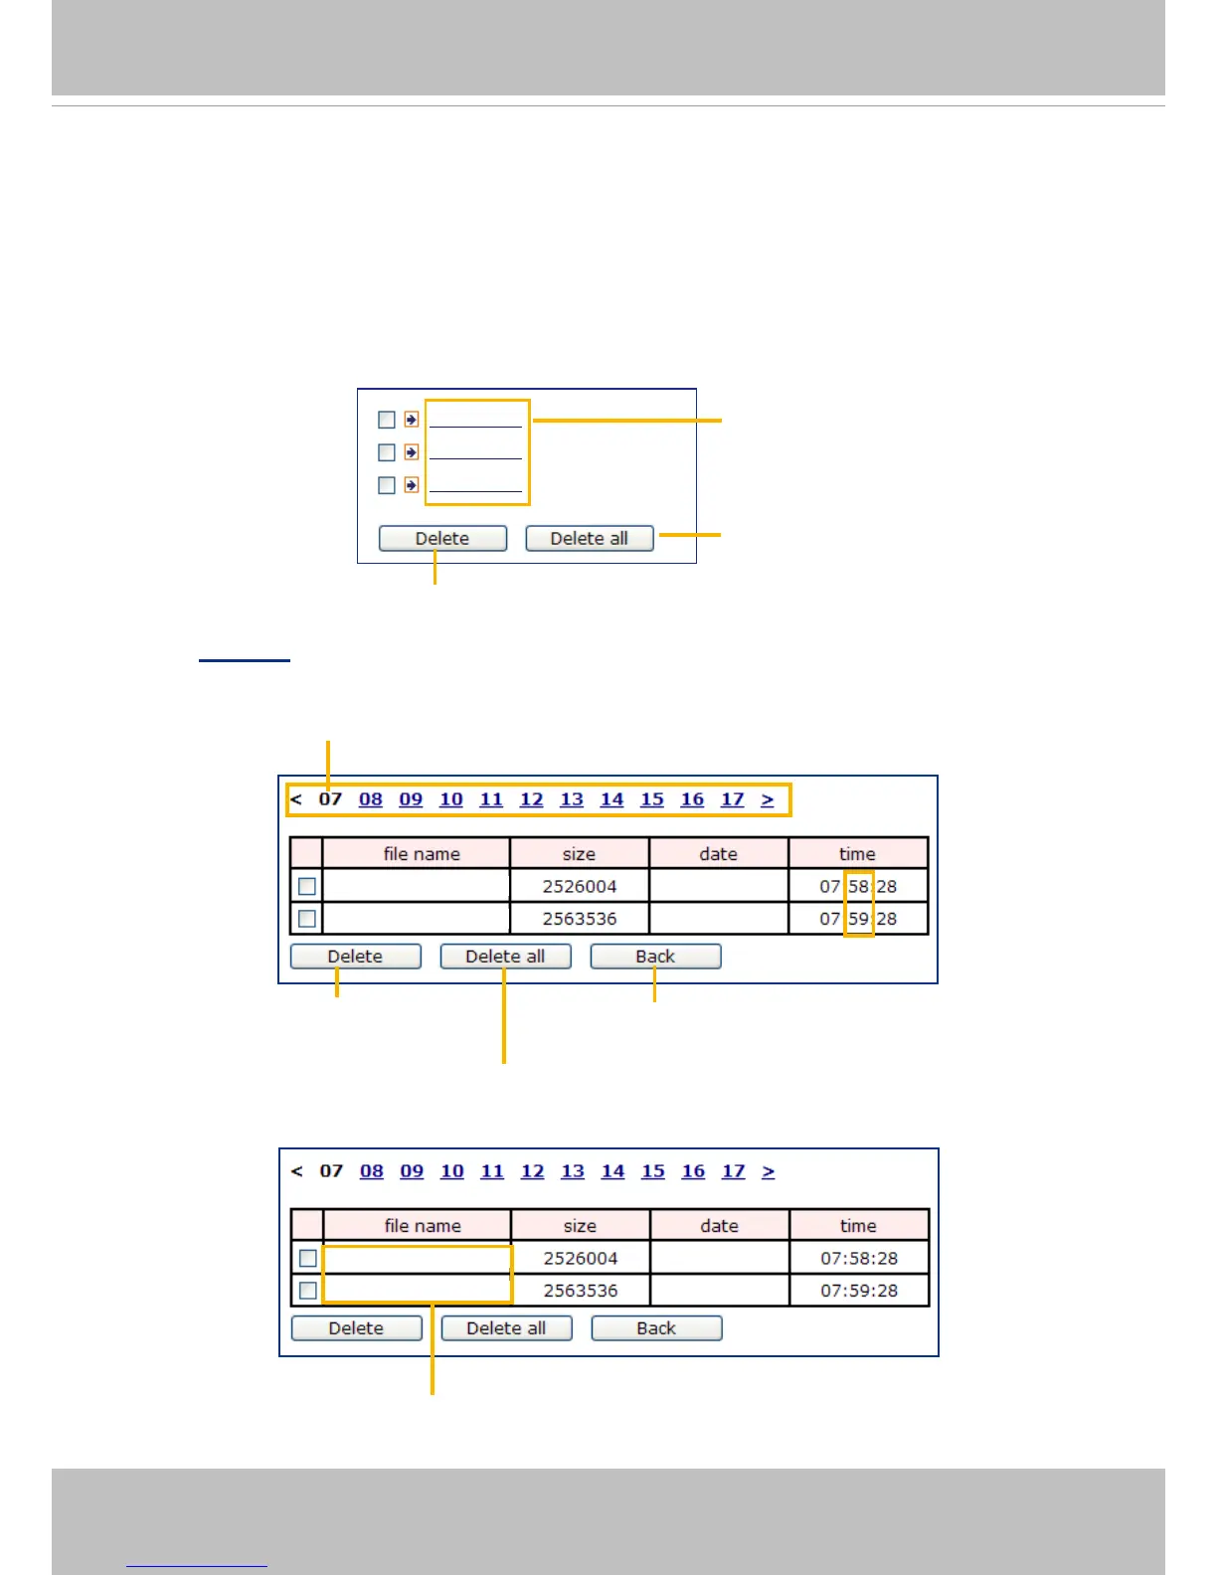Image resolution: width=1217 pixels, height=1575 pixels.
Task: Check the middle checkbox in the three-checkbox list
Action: [x=387, y=452]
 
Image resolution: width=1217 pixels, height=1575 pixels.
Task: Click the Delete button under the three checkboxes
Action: [x=442, y=538]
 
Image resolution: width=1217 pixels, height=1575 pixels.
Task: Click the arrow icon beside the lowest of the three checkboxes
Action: [x=412, y=485]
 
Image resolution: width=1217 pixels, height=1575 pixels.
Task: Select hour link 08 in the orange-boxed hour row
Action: [x=371, y=799]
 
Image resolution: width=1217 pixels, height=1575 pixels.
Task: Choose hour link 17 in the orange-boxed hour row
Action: [x=733, y=799]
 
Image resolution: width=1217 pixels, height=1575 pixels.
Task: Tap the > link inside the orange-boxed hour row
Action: [x=768, y=799]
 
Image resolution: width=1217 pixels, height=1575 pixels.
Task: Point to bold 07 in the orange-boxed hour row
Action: [x=330, y=799]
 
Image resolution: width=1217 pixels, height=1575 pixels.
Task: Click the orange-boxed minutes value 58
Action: [x=858, y=886]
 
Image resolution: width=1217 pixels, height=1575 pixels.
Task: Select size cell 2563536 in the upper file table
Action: [x=580, y=919]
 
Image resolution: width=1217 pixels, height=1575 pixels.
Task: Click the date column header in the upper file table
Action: [x=718, y=854]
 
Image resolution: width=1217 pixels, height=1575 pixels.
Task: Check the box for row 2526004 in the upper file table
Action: [x=307, y=886]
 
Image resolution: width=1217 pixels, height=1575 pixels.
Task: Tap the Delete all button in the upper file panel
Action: [x=505, y=957]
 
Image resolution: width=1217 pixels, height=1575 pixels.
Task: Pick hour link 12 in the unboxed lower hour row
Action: [x=533, y=1171]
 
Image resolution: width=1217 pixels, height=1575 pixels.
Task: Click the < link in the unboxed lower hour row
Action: [x=296, y=1171]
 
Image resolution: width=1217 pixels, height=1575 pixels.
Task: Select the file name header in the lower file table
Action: [x=423, y=1226]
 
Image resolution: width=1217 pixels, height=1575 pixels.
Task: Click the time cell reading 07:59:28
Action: [x=859, y=1291]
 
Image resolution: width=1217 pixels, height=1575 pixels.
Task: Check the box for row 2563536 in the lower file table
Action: [x=308, y=1291]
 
